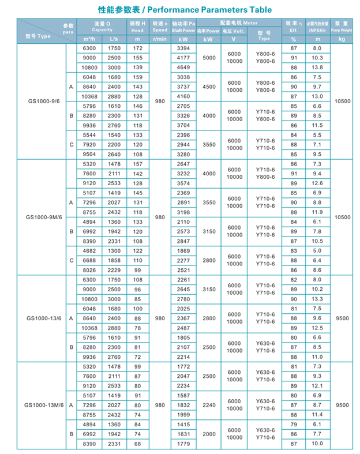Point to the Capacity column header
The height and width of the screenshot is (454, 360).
tap(102, 29)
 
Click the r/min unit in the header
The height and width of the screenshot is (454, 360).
tap(160, 39)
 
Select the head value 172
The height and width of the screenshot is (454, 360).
tap(137, 48)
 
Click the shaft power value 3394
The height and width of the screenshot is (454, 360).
tap(183, 48)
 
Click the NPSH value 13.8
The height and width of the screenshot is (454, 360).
tap(317, 67)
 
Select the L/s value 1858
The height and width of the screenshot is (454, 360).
tap(114, 261)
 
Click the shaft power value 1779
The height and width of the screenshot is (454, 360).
tap(183, 444)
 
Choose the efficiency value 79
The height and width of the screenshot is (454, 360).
tap(294, 425)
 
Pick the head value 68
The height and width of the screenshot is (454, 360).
tap(137, 444)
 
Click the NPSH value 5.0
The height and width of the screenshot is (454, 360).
tap(317, 251)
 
